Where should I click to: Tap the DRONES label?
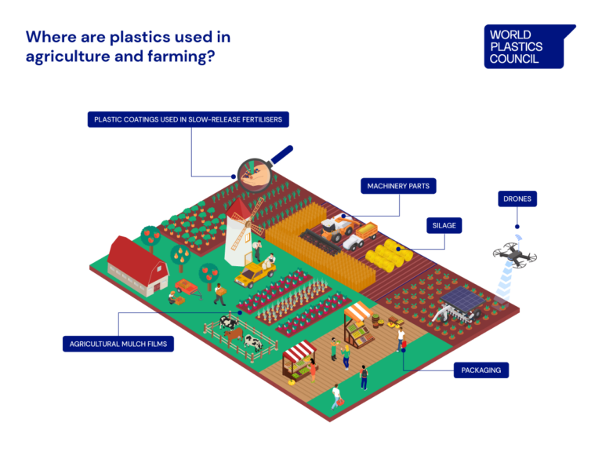pos(517,199)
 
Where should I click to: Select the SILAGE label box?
pos(443,225)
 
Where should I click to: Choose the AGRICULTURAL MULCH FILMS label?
pos(118,343)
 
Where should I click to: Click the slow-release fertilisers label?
pos(189,120)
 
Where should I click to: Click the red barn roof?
pos(135,253)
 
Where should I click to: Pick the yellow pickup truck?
pos(256,274)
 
